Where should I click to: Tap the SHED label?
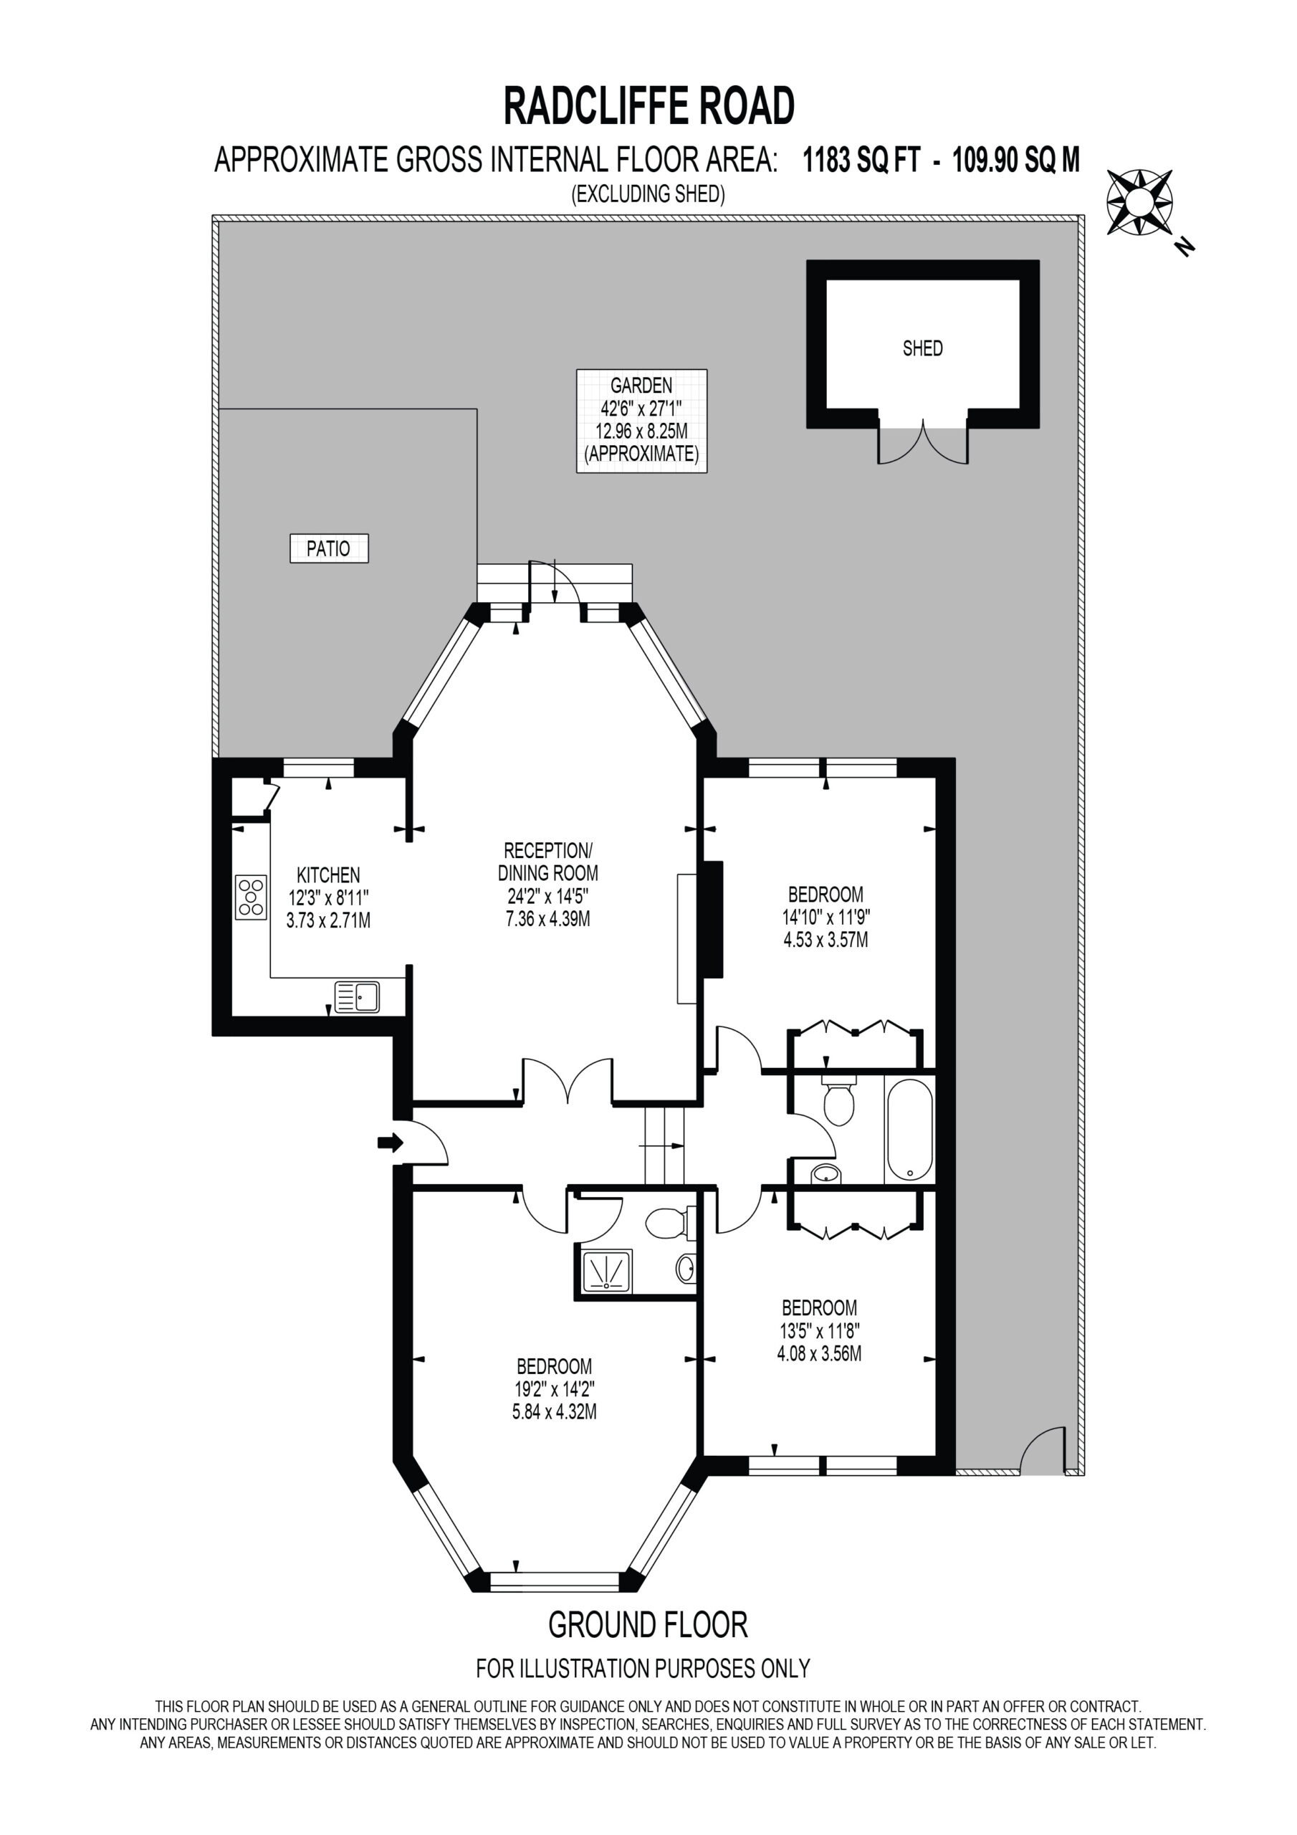pyautogui.click(x=922, y=348)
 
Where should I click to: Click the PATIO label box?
pyautogui.click(x=329, y=549)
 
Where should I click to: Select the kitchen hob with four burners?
pyautogui.click(x=251, y=897)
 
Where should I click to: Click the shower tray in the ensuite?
pyautogui.click(x=608, y=1270)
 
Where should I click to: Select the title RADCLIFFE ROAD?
pyautogui.click(x=649, y=106)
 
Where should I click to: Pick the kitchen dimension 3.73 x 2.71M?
pyautogui.click(x=328, y=920)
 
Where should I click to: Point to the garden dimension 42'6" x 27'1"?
pyautogui.click(x=642, y=409)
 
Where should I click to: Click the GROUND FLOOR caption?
pyautogui.click(x=648, y=1625)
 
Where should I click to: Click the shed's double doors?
pyautogui.click(x=923, y=444)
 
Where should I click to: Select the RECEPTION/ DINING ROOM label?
pyautogui.click(x=548, y=861)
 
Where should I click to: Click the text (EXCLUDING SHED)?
pyautogui.click(x=648, y=194)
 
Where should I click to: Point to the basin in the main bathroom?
pyautogui.click(x=826, y=1173)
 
